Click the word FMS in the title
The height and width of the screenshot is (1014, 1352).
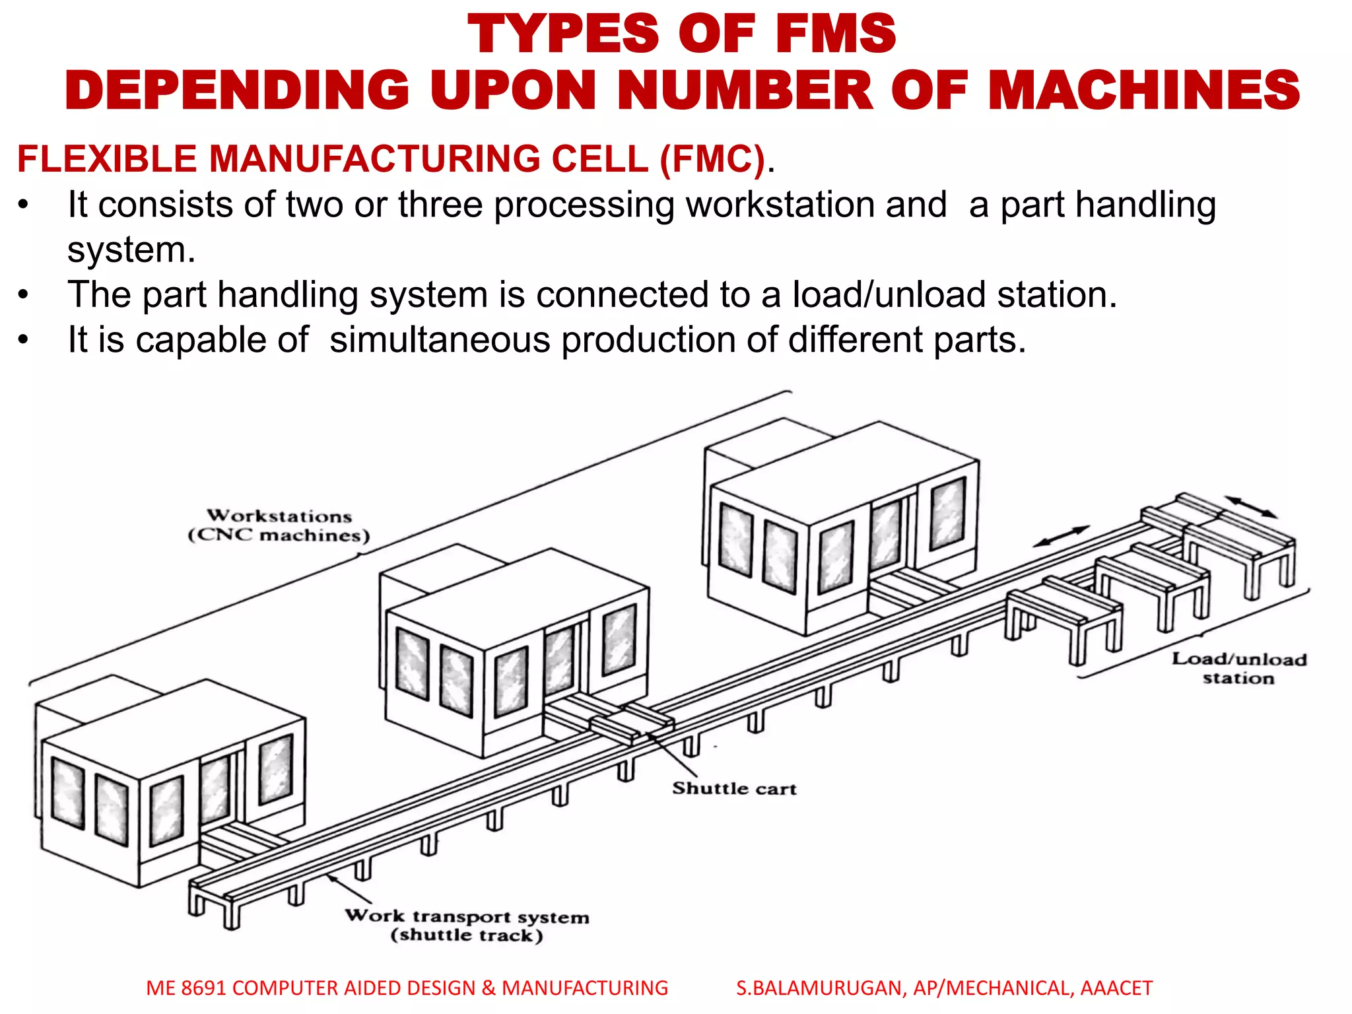pyautogui.click(x=836, y=34)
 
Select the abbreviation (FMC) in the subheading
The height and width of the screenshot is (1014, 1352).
pyautogui.click(x=712, y=159)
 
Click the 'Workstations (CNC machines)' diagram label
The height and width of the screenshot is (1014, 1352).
pyautogui.click(x=279, y=525)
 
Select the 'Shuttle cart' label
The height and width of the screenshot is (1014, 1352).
pyautogui.click(x=734, y=788)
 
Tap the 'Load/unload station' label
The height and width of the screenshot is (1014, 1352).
pyautogui.click(x=1238, y=668)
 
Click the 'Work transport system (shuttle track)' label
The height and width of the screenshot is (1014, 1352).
pyautogui.click(x=467, y=925)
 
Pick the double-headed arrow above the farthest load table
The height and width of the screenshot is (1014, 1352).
pyautogui.click(x=1251, y=507)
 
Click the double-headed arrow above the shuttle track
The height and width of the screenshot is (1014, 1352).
pyautogui.click(x=1060, y=536)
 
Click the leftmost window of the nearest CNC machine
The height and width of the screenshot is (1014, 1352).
pyautogui.click(x=68, y=792)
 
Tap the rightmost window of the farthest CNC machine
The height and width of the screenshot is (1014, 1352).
pyautogui.click(x=947, y=514)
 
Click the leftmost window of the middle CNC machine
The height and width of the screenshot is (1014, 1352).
pyautogui.click(x=413, y=663)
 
